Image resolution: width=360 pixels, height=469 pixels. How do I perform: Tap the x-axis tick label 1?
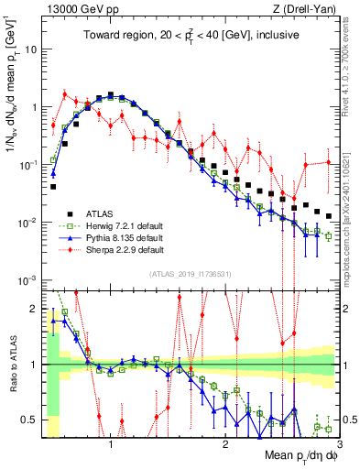(x=111, y=442)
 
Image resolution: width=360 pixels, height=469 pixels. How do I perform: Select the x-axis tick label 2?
(x=225, y=442)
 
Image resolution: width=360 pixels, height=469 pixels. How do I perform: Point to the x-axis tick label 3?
(x=339, y=442)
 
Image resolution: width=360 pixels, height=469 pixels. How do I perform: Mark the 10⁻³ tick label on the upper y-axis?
(x=27, y=279)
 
